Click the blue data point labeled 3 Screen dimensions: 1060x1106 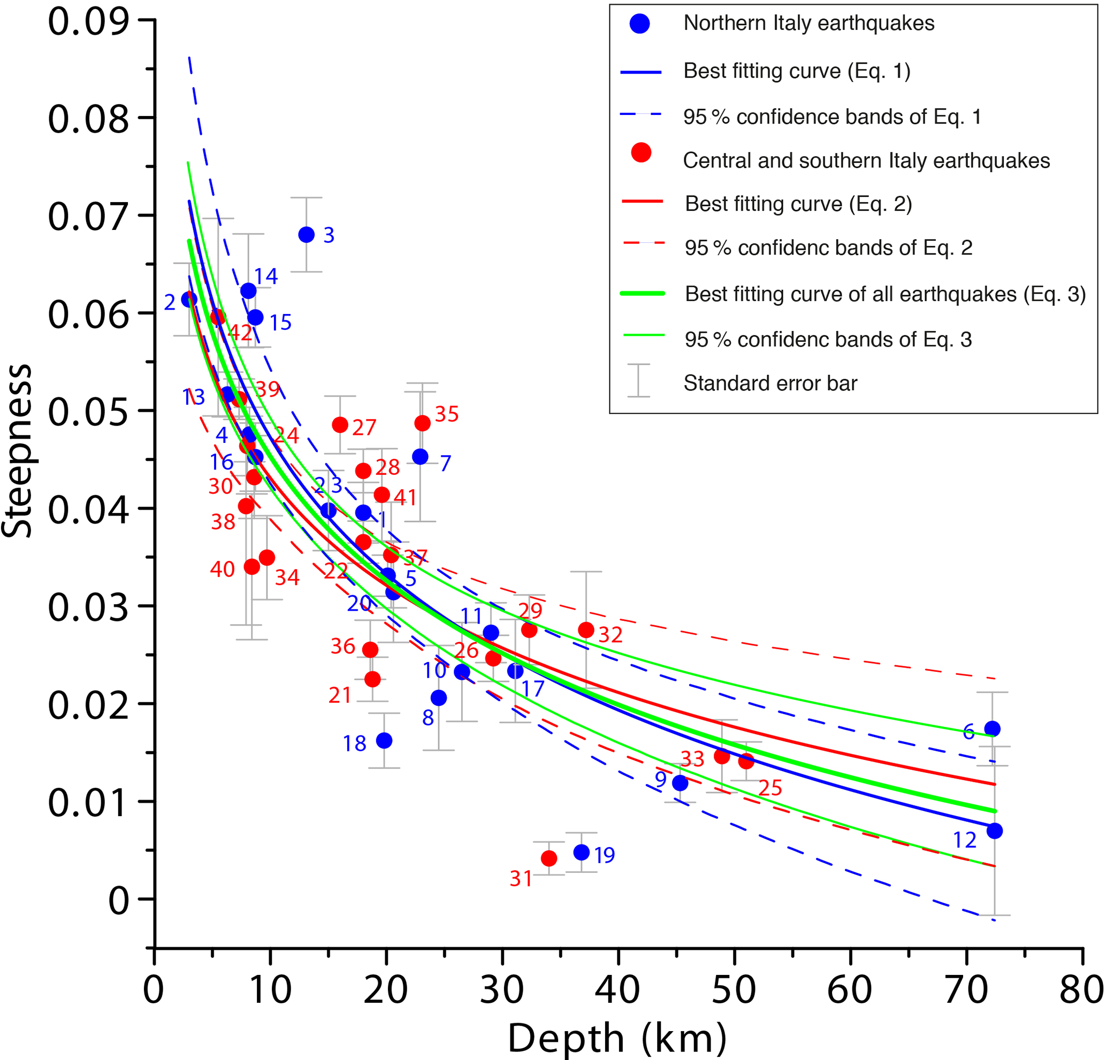click(x=307, y=235)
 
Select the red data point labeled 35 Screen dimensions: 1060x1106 click(x=422, y=423)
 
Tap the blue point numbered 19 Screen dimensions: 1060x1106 click(x=581, y=852)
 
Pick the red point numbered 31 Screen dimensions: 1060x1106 click(x=549, y=858)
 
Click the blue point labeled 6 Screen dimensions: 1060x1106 click(x=992, y=729)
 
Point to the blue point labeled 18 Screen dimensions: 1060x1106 click(x=384, y=741)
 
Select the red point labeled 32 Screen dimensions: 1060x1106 click(x=586, y=630)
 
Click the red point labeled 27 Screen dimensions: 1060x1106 click(x=340, y=425)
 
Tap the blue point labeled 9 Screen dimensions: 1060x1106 click(x=680, y=783)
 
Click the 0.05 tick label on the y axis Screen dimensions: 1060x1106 click(x=88, y=411)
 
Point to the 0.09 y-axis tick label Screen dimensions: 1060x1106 click(x=88, y=21)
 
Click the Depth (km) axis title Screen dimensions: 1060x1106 click(x=617, y=1038)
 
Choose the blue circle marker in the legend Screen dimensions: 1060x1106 click(x=640, y=23)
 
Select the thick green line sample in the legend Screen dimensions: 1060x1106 click(x=642, y=294)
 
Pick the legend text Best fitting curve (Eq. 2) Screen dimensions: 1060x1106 click(x=798, y=204)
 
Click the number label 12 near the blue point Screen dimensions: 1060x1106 click(x=965, y=841)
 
